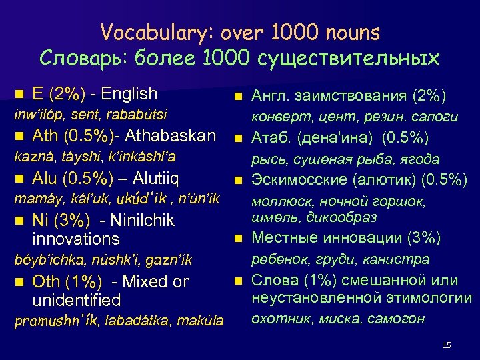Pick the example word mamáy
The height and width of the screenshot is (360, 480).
click(31, 199)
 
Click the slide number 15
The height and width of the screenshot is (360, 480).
click(447, 345)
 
